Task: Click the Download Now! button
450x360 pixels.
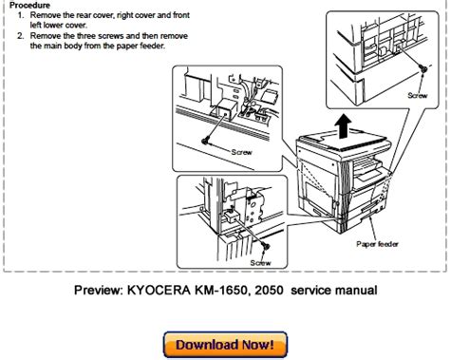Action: (x=225, y=345)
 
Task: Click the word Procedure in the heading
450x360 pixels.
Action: (x=29, y=5)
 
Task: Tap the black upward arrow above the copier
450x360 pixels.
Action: (x=344, y=126)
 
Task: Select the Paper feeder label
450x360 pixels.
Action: (x=377, y=244)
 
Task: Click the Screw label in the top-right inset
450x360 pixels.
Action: (x=418, y=95)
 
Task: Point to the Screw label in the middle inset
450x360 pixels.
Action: (x=242, y=152)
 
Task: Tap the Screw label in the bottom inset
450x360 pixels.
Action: (x=260, y=263)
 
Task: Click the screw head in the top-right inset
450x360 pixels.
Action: (x=422, y=68)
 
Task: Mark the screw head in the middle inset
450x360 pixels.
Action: (x=206, y=140)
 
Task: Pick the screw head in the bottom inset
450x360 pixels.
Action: (x=266, y=245)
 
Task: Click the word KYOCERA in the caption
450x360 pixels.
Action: (x=159, y=290)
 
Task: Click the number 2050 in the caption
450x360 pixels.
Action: (x=269, y=290)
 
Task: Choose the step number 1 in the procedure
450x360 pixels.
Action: (x=20, y=15)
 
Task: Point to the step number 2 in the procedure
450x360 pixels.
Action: (x=20, y=36)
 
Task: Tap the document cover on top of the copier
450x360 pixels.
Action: (x=345, y=141)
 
